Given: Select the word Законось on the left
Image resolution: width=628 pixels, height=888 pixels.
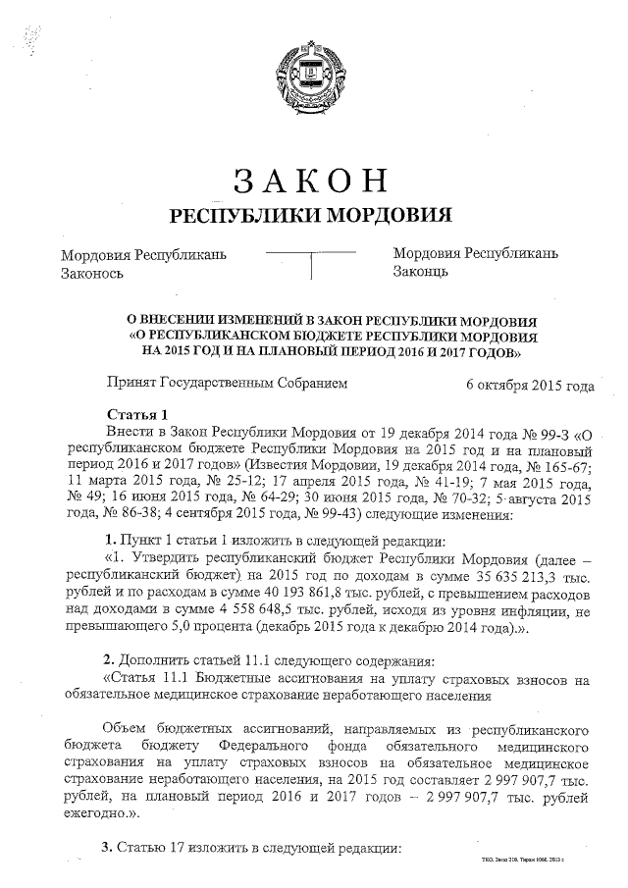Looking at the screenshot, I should (92, 273).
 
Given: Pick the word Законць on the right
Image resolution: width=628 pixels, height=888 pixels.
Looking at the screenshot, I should (421, 273).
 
